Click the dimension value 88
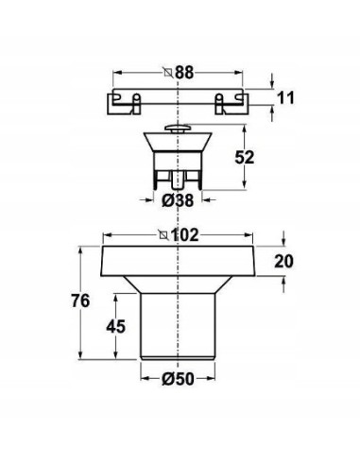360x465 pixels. tap(184, 73)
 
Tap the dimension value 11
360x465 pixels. tap(285, 97)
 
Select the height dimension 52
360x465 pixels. tap(245, 157)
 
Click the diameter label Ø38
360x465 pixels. tap(178, 200)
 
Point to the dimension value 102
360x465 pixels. tap(184, 235)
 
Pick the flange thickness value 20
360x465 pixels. tap(283, 261)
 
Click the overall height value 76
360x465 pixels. tap(80, 301)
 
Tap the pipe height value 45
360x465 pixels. tap(115, 326)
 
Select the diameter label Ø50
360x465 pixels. tap(178, 379)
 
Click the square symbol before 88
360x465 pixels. tap(168, 73)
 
